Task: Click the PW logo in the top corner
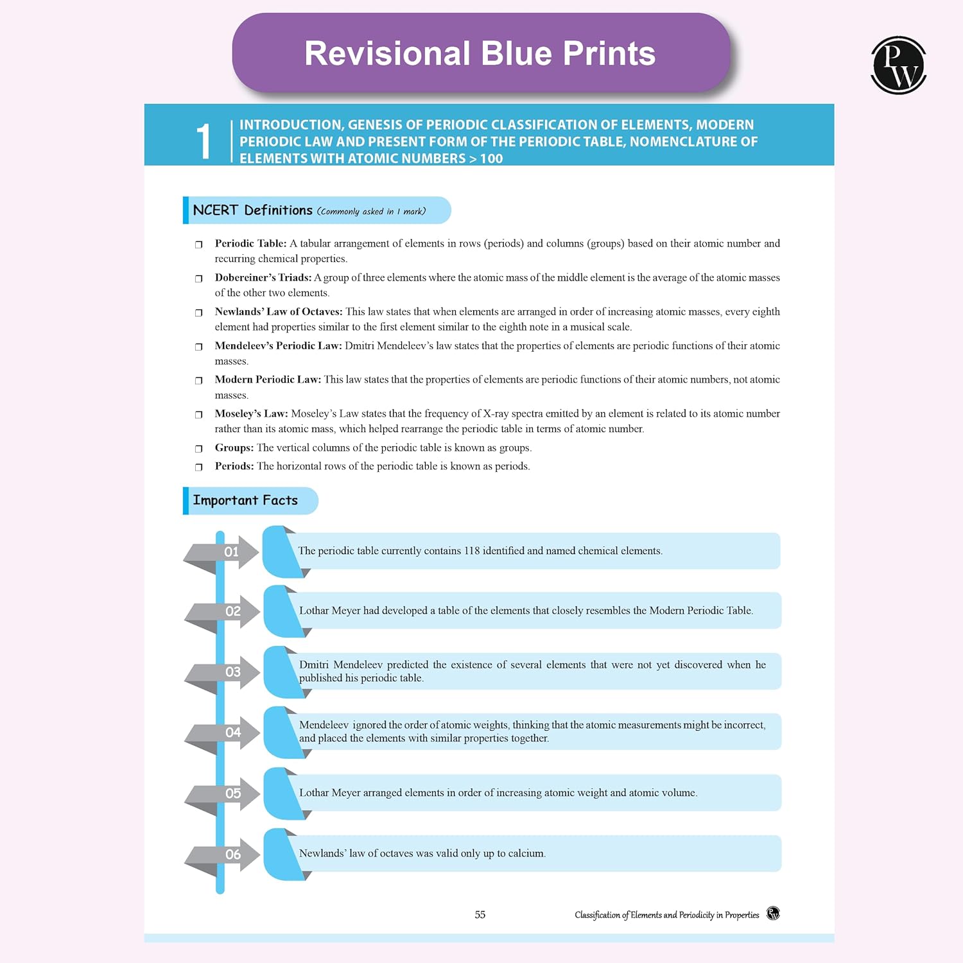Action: click(898, 65)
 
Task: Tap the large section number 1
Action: click(204, 141)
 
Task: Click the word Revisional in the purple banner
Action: click(387, 53)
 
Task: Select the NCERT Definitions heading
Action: click(252, 211)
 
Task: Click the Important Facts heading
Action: click(245, 501)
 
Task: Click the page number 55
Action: click(480, 915)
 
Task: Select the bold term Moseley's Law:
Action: click(251, 414)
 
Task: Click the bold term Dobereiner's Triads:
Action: click(263, 278)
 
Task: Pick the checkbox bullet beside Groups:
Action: click(199, 449)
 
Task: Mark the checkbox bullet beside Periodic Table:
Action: click(199, 245)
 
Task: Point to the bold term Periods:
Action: click(234, 467)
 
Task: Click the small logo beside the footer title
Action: click(773, 914)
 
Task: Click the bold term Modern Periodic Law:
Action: click(268, 380)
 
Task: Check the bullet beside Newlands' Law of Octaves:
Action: click(199, 313)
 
